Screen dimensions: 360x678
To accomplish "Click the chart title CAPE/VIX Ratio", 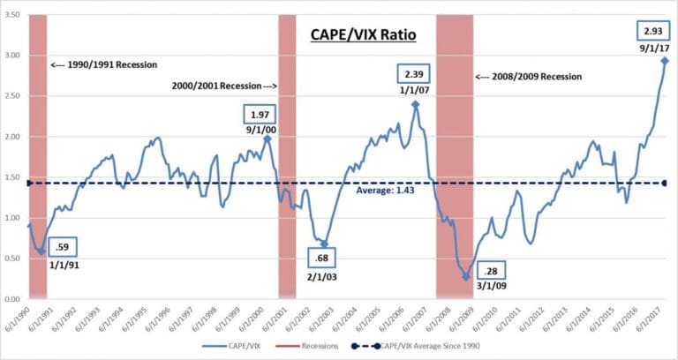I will [362, 36].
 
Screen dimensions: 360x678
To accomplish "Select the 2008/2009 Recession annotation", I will [530, 77].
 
